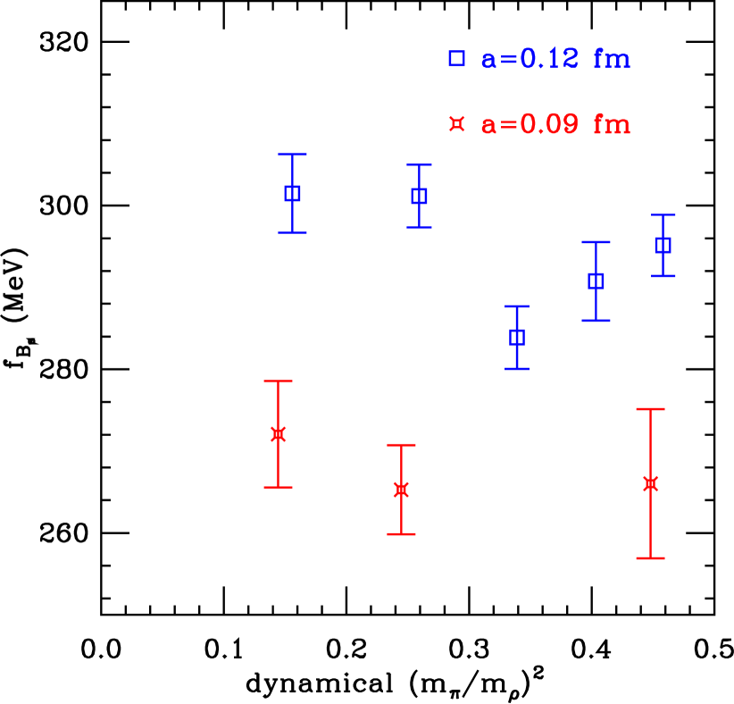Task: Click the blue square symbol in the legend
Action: (x=456, y=59)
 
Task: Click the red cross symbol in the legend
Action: (x=456, y=124)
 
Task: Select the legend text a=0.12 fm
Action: (x=555, y=60)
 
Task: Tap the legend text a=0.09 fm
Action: (x=555, y=125)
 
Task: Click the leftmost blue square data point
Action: (x=292, y=193)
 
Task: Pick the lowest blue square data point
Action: (x=516, y=337)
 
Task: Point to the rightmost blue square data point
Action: (x=663, y=245)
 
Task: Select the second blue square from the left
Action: (x=419, y=196)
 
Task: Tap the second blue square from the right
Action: (x=596, y=281)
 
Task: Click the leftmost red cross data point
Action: (x=278, y=434)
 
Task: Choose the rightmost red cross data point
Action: (x=650, y=483)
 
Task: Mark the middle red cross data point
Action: (x=401, y=490)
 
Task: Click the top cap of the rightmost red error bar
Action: (x=650, y=409)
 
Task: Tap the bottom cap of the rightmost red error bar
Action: (x=650, y=558)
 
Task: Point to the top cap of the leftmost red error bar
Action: (x=278, y=381)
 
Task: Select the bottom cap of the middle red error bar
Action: (x=401, y=534)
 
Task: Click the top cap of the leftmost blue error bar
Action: (x=292, y=155)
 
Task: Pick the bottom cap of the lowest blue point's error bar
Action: (x=516, y=369)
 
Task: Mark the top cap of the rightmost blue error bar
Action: (x=663, y=215)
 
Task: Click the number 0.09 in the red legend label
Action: (x=549, y=125)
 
